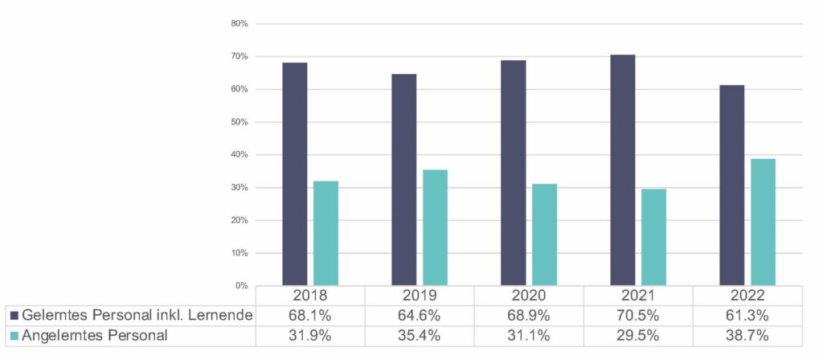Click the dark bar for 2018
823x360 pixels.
click(x=294, y=174)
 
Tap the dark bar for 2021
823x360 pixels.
click(x=623, y=170)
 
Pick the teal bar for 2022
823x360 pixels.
click(x=763, y=222)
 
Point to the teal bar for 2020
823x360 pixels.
click(x=544, y=235)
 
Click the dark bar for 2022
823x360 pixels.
click(x=731, y=185)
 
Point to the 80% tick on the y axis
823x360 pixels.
click(x=239, y=23)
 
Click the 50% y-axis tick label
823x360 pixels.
click(x=239, y=122)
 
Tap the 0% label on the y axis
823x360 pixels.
click(x=241, y=286)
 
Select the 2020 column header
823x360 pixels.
click(x=530, y=296)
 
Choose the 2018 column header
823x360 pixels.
click(x=310, y=296)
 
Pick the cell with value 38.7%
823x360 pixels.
click(x=748, y=335)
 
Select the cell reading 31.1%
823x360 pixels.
click(x=530, y=335)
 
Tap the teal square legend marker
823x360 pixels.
click(x=14, y=335)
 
